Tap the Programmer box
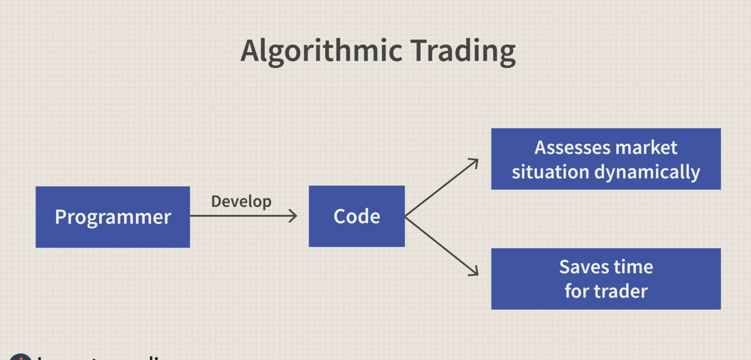[x=113, y=217]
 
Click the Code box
[x=356, y=216]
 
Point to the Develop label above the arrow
[x=241, y=201]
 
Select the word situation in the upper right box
[x=550, y=172]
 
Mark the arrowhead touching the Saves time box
[x=474, y=272]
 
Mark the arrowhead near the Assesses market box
[x=474, y=162]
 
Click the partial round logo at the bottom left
[x=20, y=357]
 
